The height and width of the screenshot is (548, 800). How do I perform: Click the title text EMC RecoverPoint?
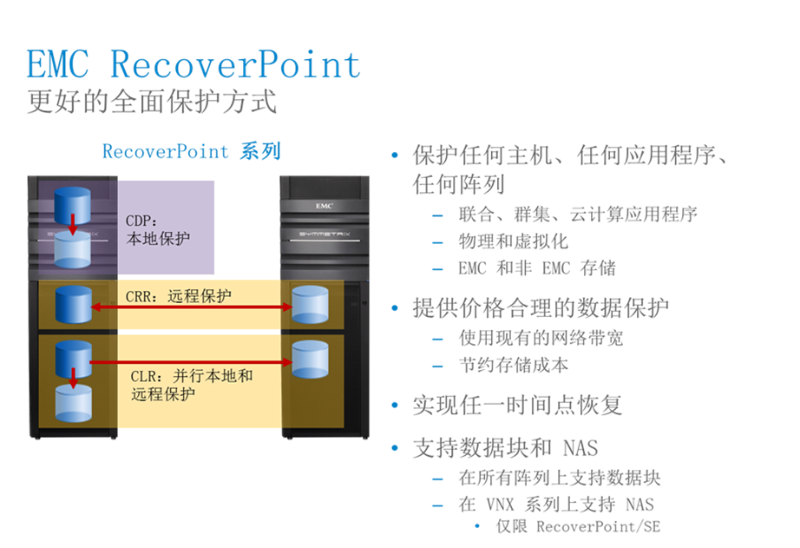(x=193, y=65)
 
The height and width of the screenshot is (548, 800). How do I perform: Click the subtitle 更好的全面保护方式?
(x=152, y=101)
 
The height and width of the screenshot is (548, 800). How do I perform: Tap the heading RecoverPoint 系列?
(x=192, y=152)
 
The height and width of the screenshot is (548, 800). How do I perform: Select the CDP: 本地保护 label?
(x=158, y=230)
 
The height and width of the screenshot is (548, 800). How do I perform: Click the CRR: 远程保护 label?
(x=179, y=296)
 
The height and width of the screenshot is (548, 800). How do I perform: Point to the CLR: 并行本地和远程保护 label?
(x=192, y=385)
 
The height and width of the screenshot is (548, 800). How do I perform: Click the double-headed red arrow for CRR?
(x=192, y=307)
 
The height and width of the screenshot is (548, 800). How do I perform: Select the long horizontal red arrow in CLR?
(x=192, y=362)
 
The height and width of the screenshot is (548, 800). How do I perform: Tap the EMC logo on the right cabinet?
(x=325, y=206)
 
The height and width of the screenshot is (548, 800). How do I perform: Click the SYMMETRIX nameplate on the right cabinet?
(x=325, y=234)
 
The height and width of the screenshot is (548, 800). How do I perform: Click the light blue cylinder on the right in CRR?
(x=311, y=304)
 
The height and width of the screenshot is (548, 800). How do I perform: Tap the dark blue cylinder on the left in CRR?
(x=74, y=304)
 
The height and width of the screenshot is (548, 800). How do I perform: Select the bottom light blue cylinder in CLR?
(x=74, y=404)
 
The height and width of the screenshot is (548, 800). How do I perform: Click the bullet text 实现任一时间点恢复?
(x=517, y=406)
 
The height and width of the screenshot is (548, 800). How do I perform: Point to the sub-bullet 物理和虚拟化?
(x=514, y=241)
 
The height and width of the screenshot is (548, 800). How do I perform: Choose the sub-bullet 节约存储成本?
(x=514, y=365)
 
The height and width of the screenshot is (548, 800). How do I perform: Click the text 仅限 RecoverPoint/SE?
(x=578, y=526)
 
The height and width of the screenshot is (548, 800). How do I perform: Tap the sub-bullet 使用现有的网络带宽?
(x=541, y=338)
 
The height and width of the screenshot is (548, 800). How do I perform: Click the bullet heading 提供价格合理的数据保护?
(x=541, y=308)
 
